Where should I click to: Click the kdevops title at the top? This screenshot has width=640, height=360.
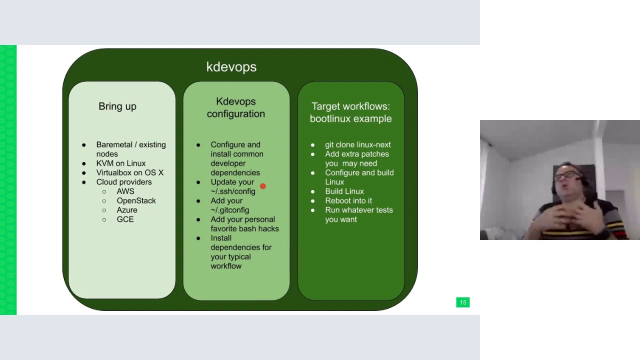tap(231, 67)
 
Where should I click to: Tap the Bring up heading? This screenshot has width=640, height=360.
tap(117, 106)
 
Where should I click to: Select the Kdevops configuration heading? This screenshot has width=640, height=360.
tap(235, 107)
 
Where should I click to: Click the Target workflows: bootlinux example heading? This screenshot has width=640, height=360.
tap(350, 112)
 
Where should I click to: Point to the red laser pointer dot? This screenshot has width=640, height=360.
tap(263, 186)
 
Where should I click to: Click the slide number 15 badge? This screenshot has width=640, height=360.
tap(462, 302)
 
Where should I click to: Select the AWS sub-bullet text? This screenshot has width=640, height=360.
tap(125, 191)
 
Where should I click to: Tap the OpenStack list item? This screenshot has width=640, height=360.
tap(136, 200)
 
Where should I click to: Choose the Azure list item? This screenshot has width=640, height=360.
tap(127, 210)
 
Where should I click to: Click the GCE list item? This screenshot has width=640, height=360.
tap(125, 219)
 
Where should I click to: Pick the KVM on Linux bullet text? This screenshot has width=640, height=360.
tap(121, 163)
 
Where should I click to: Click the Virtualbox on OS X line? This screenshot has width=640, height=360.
tap(130, 172)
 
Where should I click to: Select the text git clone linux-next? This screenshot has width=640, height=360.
tap(358, 145)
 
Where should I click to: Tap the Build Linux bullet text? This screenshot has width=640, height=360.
tap(344, 191)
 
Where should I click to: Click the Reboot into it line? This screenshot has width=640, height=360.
tap(348, 200)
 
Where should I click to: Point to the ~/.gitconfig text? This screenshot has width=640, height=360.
tap(230, 210)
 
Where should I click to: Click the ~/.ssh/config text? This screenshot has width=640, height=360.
tap(233, 191)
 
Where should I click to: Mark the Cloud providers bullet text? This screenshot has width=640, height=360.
tap(124, 182)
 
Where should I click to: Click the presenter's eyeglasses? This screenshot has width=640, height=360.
tap(566, 175)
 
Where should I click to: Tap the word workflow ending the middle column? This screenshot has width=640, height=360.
tap(226, 266)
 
